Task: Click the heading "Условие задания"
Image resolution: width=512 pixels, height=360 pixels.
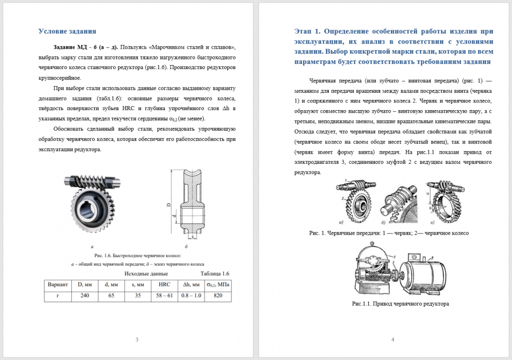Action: coord(67,31)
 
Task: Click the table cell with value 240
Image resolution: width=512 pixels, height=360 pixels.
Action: coord(84,296)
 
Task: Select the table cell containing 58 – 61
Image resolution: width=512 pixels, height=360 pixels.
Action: coord(164,296)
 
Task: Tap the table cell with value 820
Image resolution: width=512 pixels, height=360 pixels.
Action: coord(218,296)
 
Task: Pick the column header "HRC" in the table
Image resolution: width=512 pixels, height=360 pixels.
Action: coord(164,284)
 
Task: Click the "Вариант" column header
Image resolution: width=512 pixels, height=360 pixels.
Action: coord(57,284)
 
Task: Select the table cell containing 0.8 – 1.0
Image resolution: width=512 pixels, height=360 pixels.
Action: coord(191,296)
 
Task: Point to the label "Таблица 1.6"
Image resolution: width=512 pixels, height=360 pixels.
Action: coord(215,273)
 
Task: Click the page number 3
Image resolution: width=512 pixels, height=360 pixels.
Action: coord(136,340)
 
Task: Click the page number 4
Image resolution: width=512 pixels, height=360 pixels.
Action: coord(392,340)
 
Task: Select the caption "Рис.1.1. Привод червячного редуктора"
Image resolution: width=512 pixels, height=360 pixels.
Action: coord(400,304)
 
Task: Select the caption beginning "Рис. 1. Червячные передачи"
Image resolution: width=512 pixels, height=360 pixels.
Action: coord(389,232)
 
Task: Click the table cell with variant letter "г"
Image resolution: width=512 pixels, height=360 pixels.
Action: coord(57,296)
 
